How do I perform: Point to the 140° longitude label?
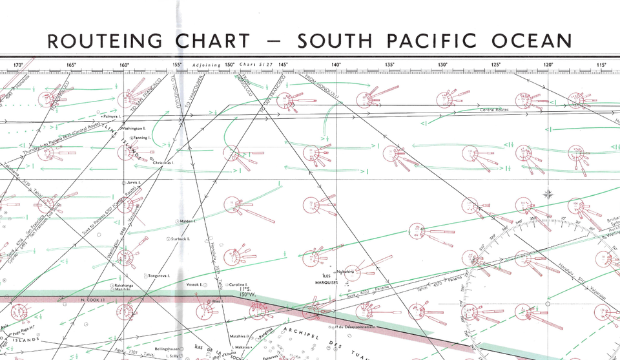(336, 65)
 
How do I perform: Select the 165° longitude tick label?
(71, 65)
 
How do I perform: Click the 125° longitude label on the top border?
(496, 65)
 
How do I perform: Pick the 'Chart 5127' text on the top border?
(253, 65)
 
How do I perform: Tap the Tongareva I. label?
(159, 275)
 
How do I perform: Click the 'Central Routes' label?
(494, 110)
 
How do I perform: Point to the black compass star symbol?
(549, 193)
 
